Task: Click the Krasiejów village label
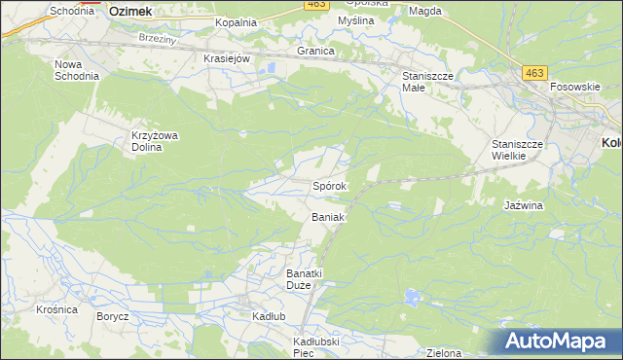(228, 58)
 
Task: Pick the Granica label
(316, 51)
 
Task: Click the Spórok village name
(331, 185)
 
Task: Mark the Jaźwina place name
(524, 206)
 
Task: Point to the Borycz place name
(113, 317)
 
